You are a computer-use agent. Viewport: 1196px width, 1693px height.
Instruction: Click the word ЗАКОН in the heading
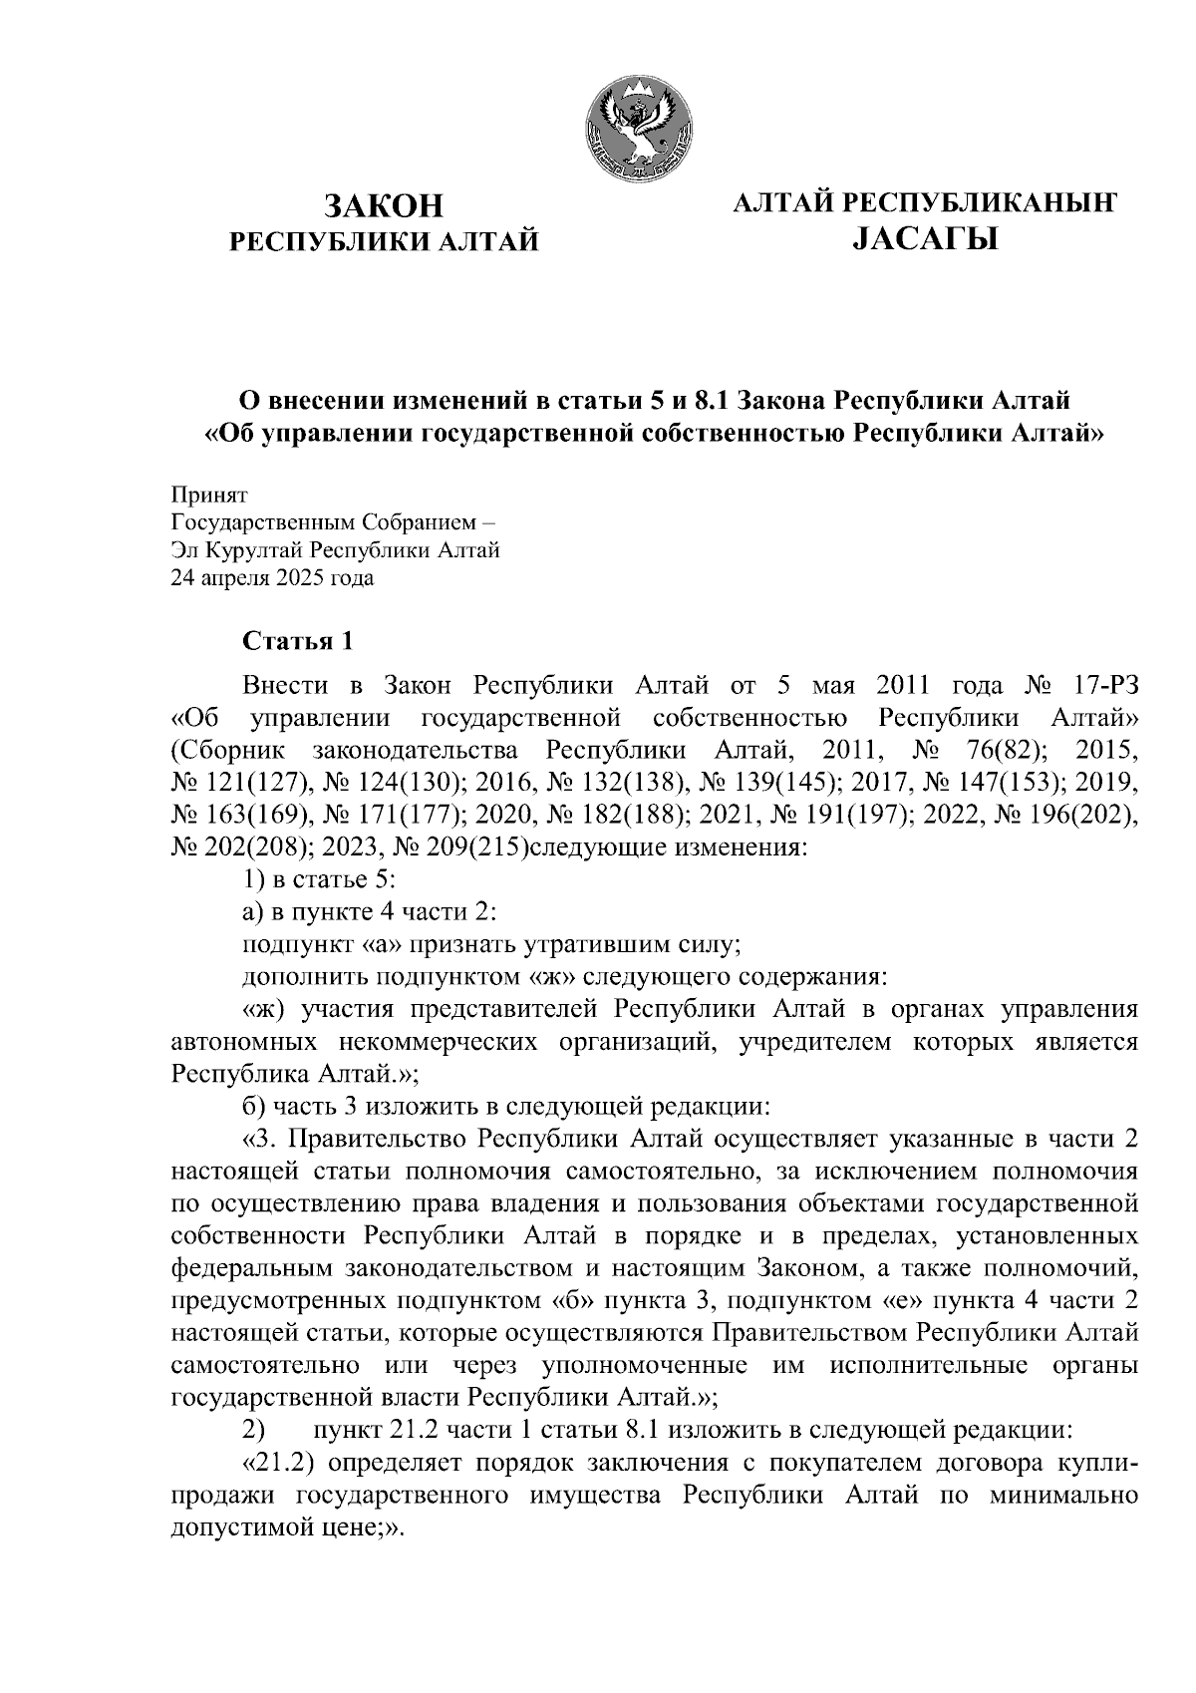[x=384, y=205]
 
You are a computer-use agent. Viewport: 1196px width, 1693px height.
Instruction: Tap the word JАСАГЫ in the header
[x=925, y=239]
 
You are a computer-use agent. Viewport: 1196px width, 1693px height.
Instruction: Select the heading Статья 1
[x=297, y=640]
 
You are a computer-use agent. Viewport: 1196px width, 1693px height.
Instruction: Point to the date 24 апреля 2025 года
[x=273, y=577]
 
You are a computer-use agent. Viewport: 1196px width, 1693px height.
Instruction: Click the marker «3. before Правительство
[x=259, y=1139]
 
